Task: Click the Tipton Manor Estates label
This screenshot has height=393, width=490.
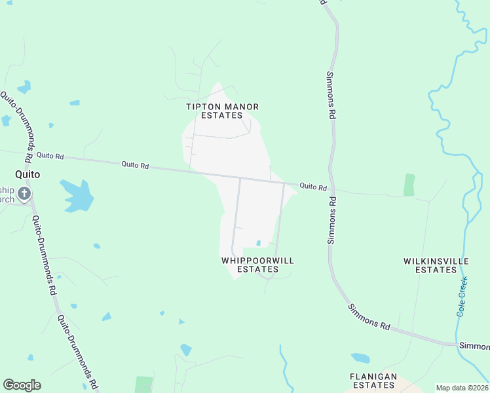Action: [222, 111]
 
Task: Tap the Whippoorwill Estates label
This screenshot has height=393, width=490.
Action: [257, 265]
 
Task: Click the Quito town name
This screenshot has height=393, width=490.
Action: [28, 175]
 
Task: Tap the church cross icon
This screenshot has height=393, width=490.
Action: [24, 193]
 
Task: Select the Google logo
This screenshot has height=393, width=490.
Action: [22, 385]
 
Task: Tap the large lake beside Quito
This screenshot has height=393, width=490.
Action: [77, 196]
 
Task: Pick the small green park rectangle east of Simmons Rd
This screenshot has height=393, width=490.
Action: [409, 185]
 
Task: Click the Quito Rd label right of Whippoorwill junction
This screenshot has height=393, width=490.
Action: [313, 187]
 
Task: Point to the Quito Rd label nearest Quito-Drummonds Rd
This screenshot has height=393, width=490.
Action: [50, 156]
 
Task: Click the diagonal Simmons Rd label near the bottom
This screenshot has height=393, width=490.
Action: [369, 317]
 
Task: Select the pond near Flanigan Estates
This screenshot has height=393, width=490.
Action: [360, 358]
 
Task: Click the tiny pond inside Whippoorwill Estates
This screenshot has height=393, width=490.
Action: [259, 244]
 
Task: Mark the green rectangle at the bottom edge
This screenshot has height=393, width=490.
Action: [143, 384]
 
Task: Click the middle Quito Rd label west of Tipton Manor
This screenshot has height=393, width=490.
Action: [135, 166]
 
